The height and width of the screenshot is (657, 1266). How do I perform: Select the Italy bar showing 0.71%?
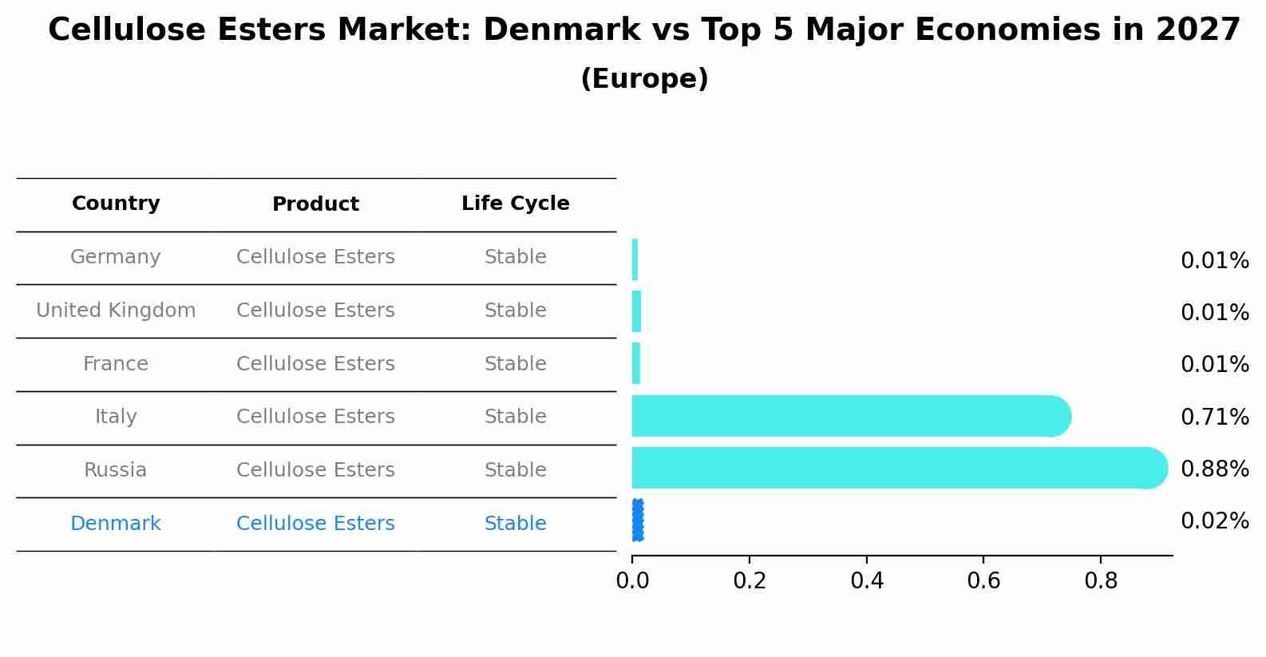coord(846,416)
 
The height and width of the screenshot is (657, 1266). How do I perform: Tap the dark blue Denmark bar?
coord(637,520)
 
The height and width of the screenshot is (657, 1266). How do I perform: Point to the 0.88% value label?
coord(1214,469)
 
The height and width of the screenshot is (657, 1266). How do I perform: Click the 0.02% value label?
coord(1214,521)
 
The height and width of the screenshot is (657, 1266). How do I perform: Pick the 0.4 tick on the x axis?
coord(866,581)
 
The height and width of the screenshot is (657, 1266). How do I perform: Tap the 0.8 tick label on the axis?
coord(1100,581)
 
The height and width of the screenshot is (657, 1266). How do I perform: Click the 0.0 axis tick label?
coord(632,581)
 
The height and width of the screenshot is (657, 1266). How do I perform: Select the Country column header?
coord(116,204)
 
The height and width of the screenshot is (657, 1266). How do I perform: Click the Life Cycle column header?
coord(515,204)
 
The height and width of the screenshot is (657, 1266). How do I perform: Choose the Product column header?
coord(315,204)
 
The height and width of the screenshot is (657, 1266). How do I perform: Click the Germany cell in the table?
coord(116,257)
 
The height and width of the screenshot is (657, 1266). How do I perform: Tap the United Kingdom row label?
coord(116,311)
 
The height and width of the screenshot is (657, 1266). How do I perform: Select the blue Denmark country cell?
coord(116,524)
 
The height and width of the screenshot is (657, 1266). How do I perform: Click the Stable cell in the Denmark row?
coord(515,524)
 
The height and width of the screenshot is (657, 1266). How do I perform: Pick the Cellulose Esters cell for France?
coord(315,364)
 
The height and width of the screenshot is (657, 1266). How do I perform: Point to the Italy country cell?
coord(116,417)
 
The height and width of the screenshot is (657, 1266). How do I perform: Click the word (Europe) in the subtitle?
coord(644,79)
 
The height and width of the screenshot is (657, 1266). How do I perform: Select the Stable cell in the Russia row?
coord(515,470)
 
